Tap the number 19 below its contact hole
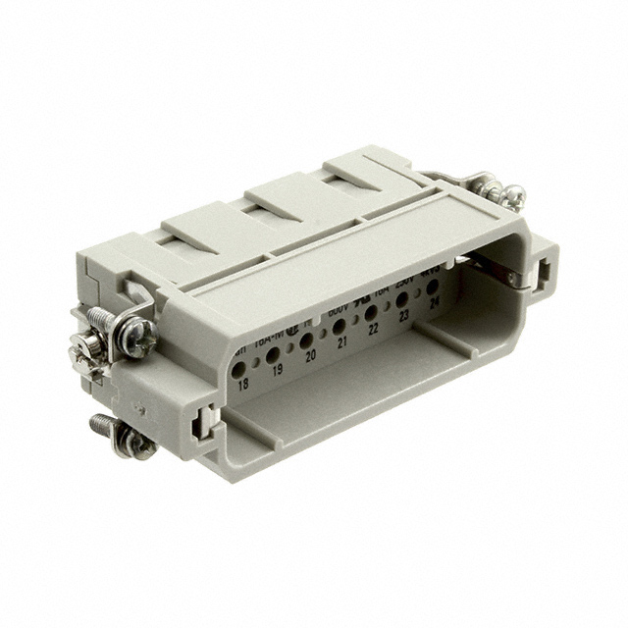[278, 372]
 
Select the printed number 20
[311, 356]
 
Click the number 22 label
[374, 329]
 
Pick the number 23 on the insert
[404, 316]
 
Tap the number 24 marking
[433, 303]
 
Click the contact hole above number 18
[240, 369]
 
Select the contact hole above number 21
[340, 325]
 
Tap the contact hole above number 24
[430, 286]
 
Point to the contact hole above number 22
[371, 312]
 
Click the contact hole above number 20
[307, 340]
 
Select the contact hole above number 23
[401, 299]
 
